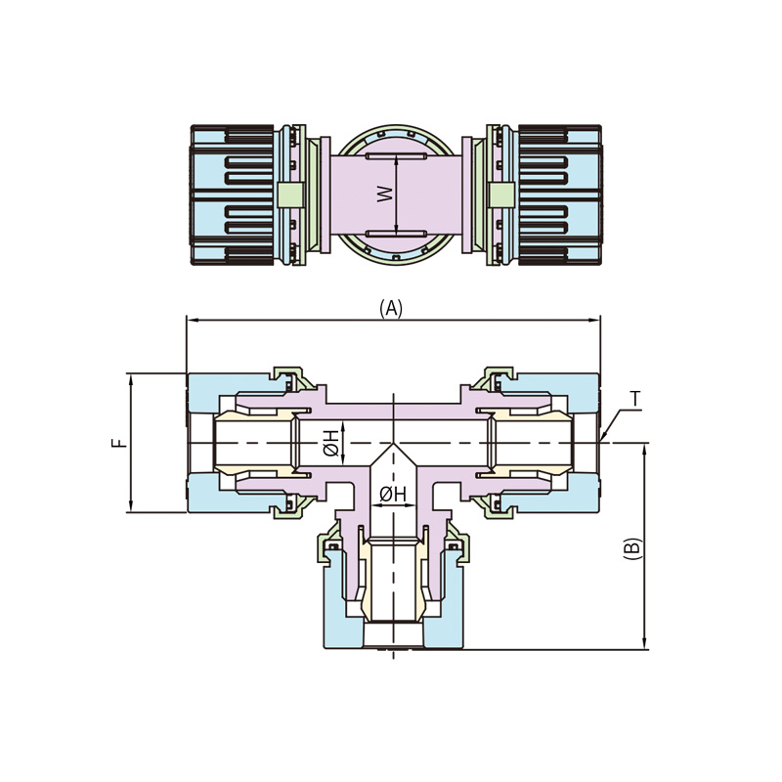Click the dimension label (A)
[x=390, y=309]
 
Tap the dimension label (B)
[x=631, y=548]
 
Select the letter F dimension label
[x=119, y=443]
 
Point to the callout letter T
[x=634, y=399]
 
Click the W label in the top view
[x=384, y=194]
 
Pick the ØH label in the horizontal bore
[x=330, y=444]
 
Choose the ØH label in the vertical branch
[x=393, y=494]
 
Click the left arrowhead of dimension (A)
[x=191, y=321]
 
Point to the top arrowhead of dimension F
[x=131, y=380]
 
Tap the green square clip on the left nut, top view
[x=290, y=194]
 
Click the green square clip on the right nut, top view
[x=500, y=194]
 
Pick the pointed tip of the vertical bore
[x=394, y=444]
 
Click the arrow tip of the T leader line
[x=601, y=441]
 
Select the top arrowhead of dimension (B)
[x=645, y=450]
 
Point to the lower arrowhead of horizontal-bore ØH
[x=344, y=458]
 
